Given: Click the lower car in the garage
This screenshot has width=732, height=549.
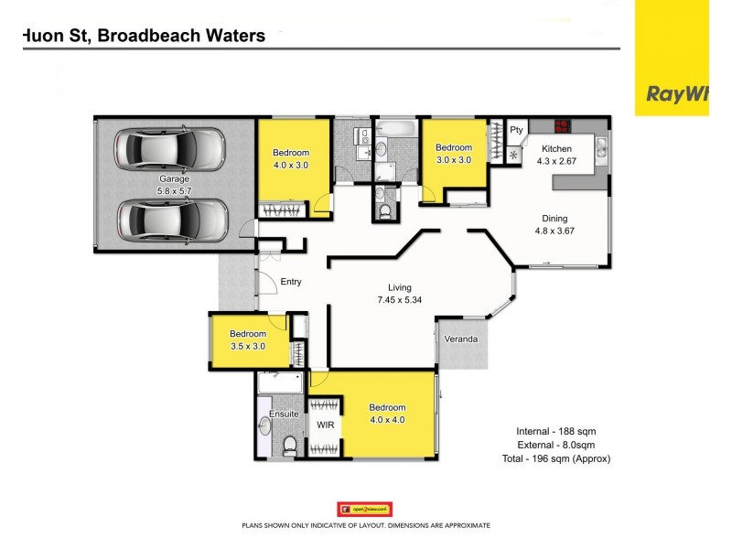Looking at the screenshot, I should pyautogui.click(x=172, y=220).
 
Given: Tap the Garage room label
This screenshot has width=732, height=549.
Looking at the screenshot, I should pyautogui.click(x=174, y=178).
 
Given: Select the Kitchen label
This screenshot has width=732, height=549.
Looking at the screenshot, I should pyautogui.click(x=556, y=149).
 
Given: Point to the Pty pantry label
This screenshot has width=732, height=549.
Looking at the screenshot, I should pyautogui.click(x=516, y=130).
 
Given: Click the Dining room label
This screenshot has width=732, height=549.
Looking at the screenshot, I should pyautogui.click(x=554, y=219).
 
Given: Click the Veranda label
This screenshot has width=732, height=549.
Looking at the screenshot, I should pyautogui.click(x=461, y=339).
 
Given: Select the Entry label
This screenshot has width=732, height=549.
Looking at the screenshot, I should pyautogui.click(x=291, y=282).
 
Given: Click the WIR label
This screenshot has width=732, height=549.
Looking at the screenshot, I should pyautogui.click(x=326, y=425).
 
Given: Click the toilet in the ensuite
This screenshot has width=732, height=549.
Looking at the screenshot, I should pyautogui.click(x=289, y=446).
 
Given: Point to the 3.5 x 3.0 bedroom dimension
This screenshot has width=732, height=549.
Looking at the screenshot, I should pyautogui.click(x=247, y=347).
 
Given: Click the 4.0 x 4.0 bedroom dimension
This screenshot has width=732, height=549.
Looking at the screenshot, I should pyautogui.click(x=386, y=420).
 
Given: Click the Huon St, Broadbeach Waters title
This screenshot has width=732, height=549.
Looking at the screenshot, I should pyautogui.click(x=144, y=37).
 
